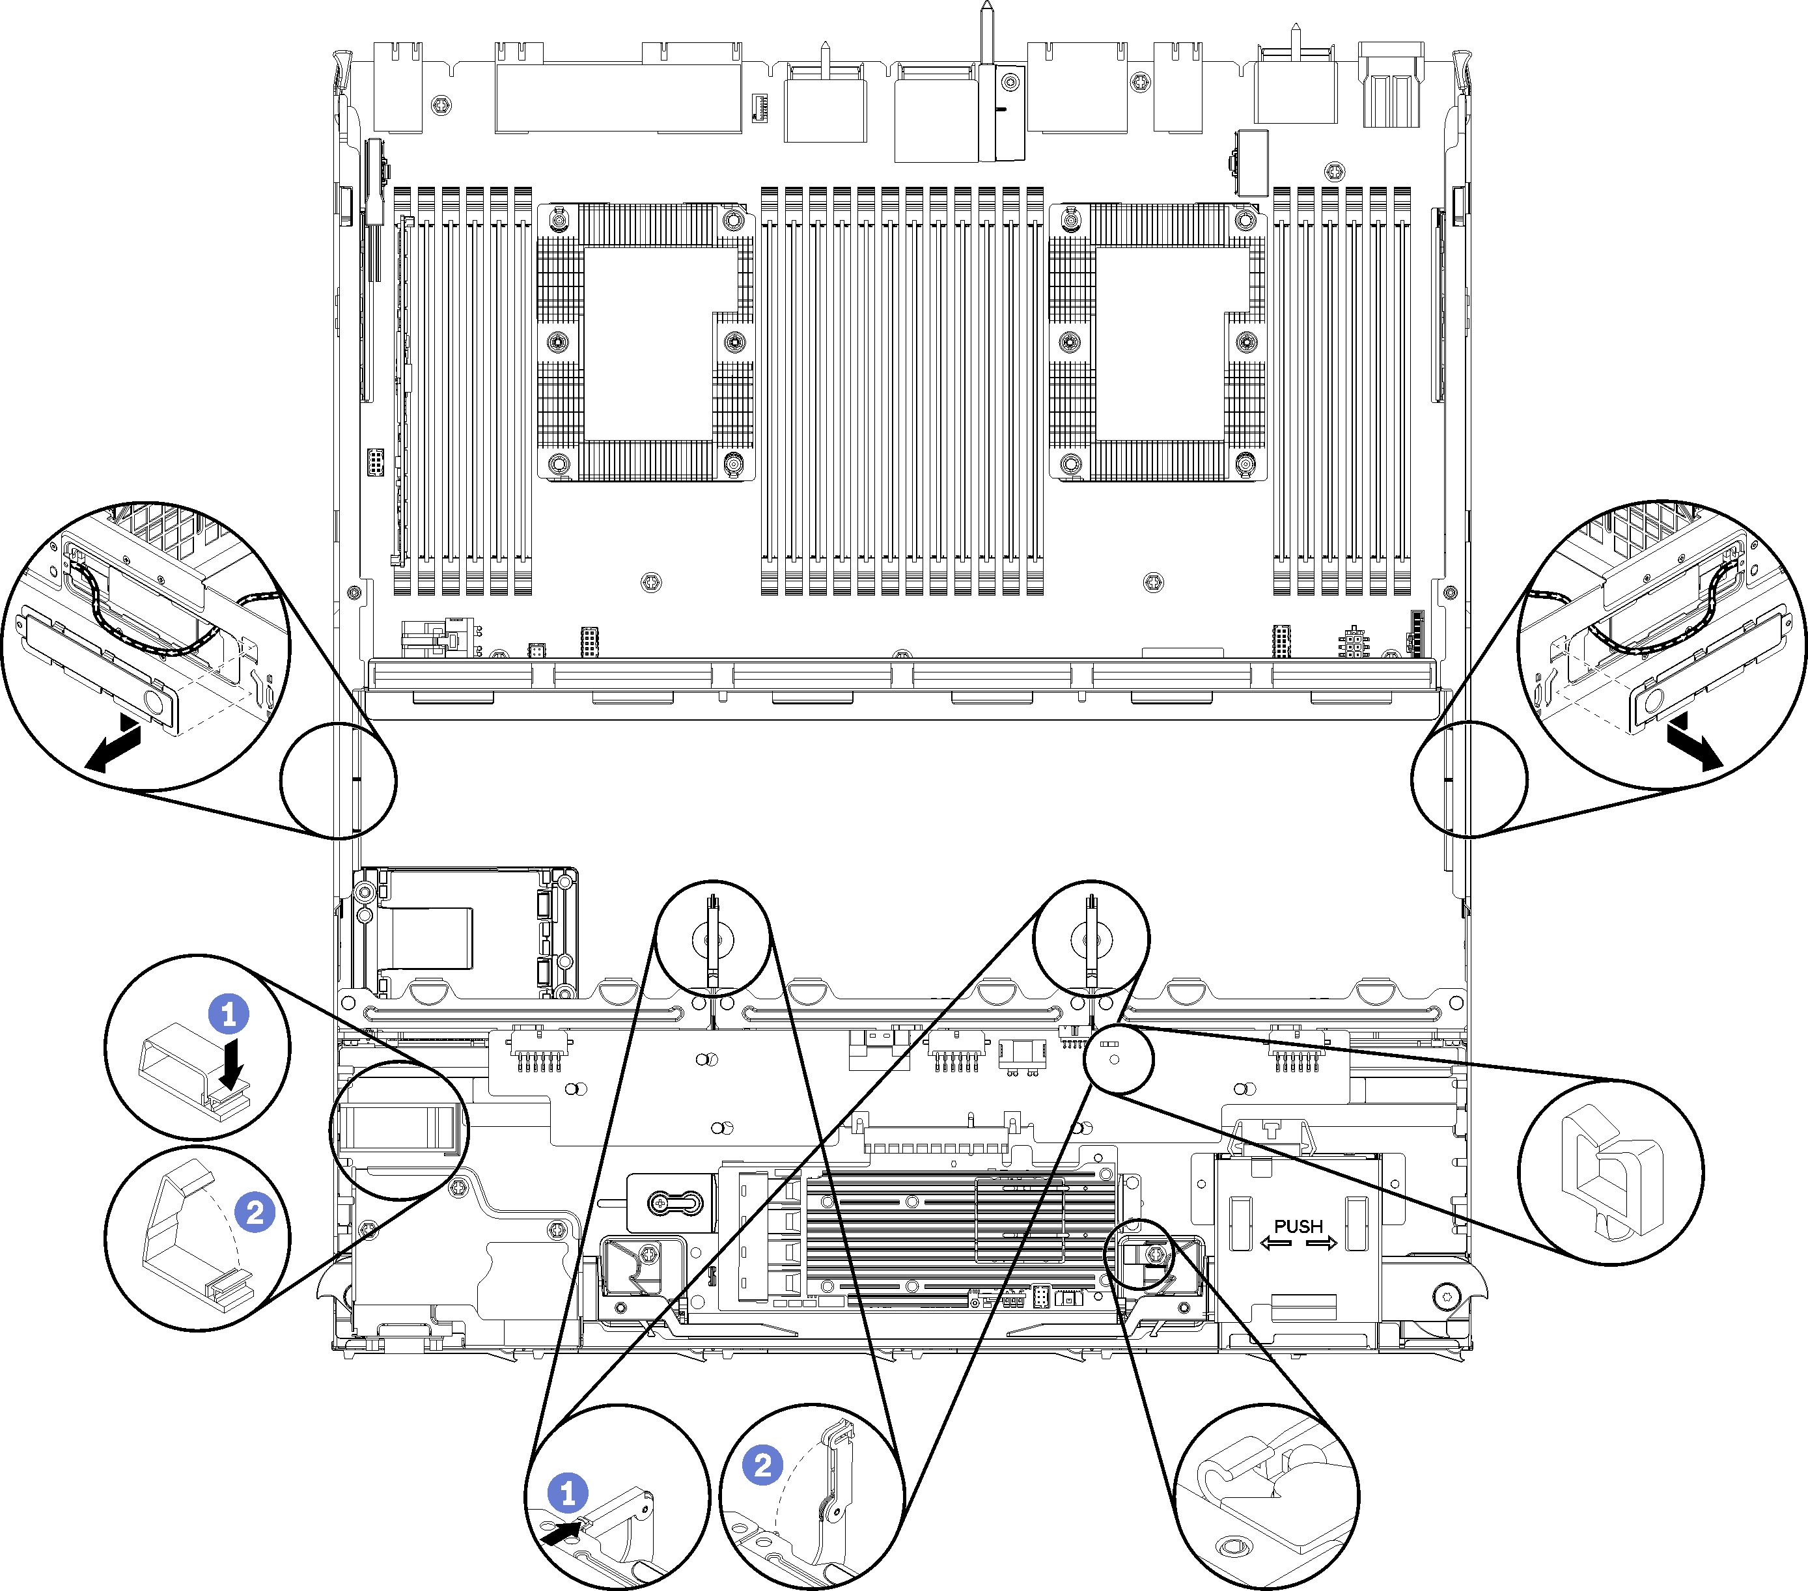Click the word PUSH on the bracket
coord(1298,1226)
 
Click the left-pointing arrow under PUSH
coord(1275,1243)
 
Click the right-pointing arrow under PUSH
coord(1322,1243)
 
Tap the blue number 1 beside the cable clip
coord(229,1014)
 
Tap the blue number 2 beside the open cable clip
coord(255,1213)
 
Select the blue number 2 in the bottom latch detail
coord(762,1465)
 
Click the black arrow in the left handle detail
coord(113,745)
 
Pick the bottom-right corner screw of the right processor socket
coord(1245,463)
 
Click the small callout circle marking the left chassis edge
coord(338,780)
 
